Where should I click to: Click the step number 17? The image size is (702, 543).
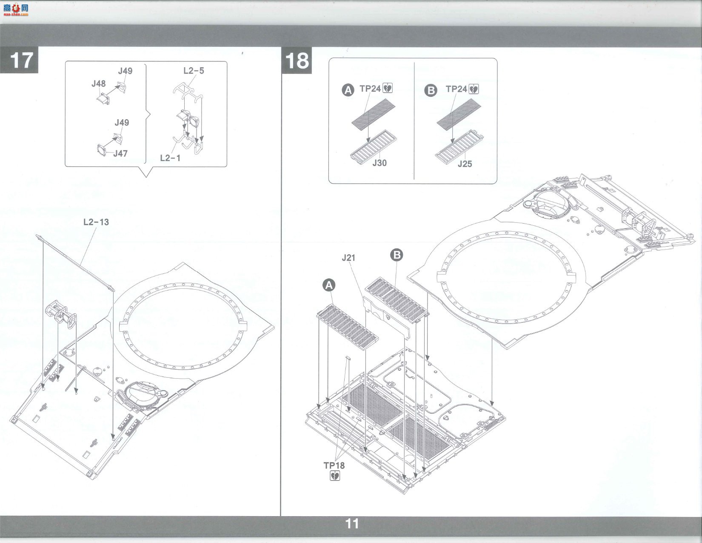pos(21,60)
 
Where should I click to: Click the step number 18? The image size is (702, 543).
pos(297,60)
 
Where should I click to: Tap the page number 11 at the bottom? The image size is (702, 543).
pos(352,523)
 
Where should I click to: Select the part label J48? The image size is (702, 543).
pos(99,84)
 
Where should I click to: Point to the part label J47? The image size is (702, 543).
pos(120,154)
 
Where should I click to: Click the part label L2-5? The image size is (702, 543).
pos(194,71)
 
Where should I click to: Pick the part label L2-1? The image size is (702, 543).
pos(170,158)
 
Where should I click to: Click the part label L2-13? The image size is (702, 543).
pos(96,222)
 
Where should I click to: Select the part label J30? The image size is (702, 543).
pos(379,163)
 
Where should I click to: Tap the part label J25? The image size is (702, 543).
pos(465,164)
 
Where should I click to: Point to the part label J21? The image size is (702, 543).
pos(348,258)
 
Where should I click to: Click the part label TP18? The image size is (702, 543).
pos(334,465)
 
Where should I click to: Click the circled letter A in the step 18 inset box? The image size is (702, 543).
pos(348,90)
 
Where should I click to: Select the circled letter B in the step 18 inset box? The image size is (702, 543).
pos(431,91)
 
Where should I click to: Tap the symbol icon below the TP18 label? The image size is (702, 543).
pos(335,476)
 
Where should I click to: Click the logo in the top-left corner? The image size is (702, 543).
pos(16,10)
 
